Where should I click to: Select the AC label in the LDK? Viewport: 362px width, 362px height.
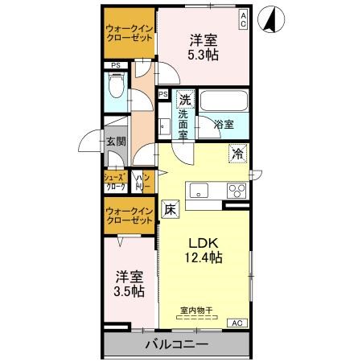(238, 323)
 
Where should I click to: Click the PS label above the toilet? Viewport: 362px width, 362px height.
(116, 66)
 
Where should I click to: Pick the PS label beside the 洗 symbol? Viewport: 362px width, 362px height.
(163, 95)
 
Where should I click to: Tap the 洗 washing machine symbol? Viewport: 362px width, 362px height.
(184, 101)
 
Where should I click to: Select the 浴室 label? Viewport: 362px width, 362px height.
(224, 125)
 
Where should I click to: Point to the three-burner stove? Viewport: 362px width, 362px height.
(236, 191)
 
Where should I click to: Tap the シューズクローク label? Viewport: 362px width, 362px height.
(113, 181)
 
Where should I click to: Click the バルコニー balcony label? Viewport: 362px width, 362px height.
(176, 344)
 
